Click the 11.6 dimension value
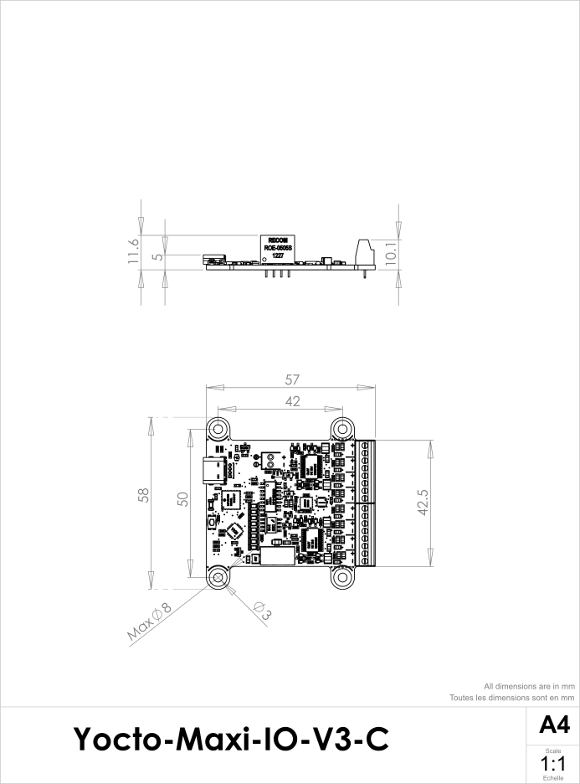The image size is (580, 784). [x=133, y=252]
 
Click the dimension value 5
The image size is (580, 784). [x=157, y=257]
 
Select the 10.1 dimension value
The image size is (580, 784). [x=390, y=254]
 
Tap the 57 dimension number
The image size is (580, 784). [x=291, y=380]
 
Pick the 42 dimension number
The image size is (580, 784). [x=292, y=402]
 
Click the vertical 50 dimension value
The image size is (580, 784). [x=183, y=498]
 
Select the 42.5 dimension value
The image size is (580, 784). [x=423, y=502]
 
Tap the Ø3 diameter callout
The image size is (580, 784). [x=260, y=611]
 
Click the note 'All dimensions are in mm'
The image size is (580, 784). [x=529, y=686]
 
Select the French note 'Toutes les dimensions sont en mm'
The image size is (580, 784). [x=511, y=697]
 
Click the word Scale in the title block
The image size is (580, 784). [x=553, y=751]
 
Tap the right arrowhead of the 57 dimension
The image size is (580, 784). [x=367, y=388]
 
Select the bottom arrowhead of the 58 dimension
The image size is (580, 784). [x=151, y=580]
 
